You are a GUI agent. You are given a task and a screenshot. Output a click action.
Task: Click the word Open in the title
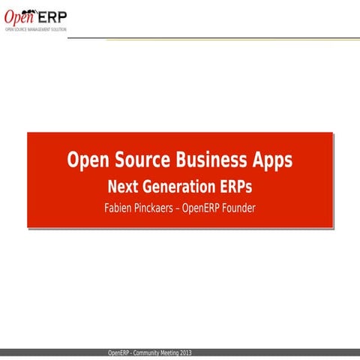[88, 160]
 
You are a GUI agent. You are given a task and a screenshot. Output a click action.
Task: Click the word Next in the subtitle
[124, 185]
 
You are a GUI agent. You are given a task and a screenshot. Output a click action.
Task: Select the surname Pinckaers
[159, 206]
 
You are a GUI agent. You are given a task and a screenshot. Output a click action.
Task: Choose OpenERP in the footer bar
[119, 352]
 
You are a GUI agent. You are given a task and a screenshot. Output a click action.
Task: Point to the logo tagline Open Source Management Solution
[35, 28]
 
